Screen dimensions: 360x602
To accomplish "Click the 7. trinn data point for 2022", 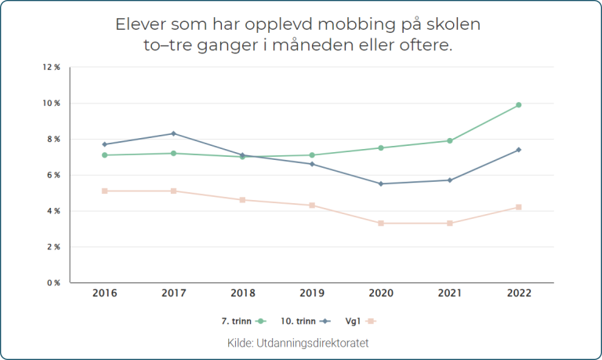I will click(519, 105).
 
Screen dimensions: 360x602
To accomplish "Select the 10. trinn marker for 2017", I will click(173, 133).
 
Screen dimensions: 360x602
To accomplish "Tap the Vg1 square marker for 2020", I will click(381, 224).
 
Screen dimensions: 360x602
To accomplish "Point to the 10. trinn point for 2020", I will click(381, 184).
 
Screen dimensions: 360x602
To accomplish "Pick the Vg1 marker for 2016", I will click(104, 191).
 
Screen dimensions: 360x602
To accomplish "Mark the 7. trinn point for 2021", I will click(450, 141).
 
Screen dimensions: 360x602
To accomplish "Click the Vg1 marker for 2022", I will click(519, 207).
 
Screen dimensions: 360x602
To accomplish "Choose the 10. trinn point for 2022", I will click(519, 150).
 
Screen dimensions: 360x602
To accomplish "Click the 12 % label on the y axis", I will click(52, 67).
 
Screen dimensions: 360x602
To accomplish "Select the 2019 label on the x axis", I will click(312, 294).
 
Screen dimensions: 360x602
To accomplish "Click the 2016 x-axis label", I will click(104, 294).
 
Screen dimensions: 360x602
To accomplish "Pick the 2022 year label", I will click(519, 294).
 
